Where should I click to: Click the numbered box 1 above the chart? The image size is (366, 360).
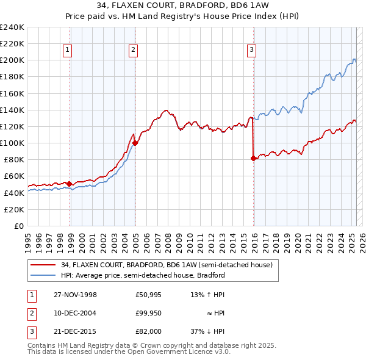66,51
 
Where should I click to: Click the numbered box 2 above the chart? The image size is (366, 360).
132,51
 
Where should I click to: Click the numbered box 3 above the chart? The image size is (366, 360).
251,51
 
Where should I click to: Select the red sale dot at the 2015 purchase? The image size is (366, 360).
253,158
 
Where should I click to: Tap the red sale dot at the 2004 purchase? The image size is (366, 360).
135,143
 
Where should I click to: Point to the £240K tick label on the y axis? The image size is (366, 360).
12,27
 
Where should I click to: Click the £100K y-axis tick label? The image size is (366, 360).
12,143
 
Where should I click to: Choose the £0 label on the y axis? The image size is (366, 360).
18,226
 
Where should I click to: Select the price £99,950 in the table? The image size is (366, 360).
148,313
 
